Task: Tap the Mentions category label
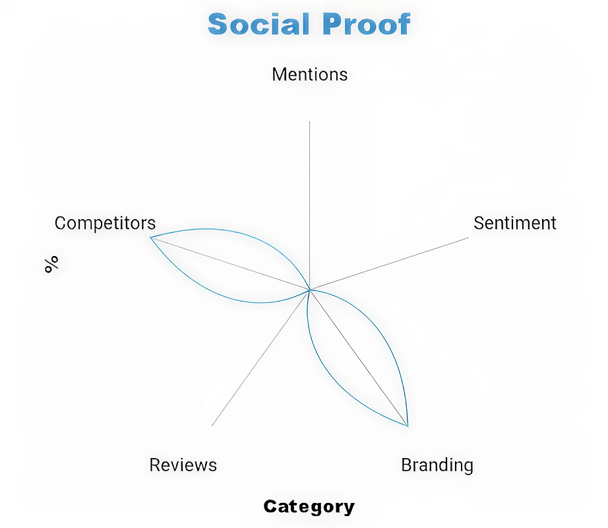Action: pos(309,74)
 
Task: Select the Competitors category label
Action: pos(105,223)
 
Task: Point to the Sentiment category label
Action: pos(514,223)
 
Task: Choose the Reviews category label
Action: pos(183,465)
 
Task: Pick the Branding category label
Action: pos(437,465)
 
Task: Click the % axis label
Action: pos(51,264)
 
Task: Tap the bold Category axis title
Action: pos(309,506)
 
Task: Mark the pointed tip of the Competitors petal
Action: pos(150,237)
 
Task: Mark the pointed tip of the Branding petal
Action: pos(408,426)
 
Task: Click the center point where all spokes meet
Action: pos(309,289)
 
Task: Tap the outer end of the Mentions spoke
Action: pos(309,122)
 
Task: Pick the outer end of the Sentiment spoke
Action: pos(468,238)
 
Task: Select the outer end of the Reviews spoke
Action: pos(212,425)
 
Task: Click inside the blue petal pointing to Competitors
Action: pos(231,267)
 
